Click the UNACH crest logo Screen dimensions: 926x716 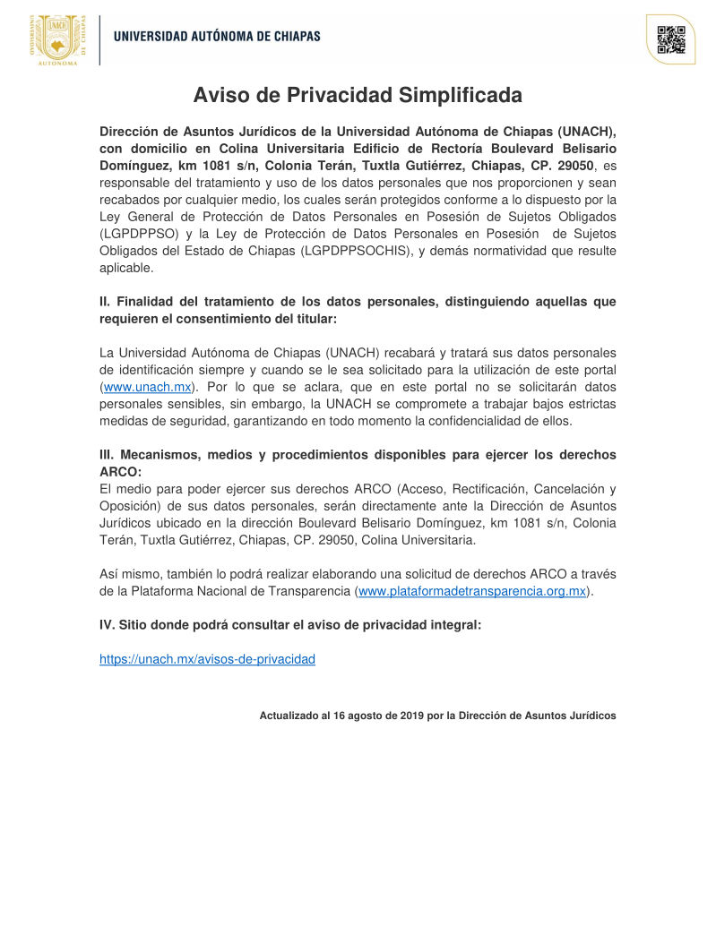point(58,40)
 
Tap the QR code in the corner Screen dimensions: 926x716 point(670,40)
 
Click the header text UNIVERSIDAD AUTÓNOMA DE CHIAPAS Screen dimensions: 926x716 point(216,37)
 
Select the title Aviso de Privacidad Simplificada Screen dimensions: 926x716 point(358,96)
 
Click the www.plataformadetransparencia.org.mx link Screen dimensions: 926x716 point(472,591)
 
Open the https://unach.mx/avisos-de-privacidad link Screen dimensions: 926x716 point(207,659)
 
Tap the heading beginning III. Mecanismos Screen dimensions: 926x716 point(358,455)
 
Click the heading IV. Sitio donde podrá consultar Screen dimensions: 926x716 point(290,625)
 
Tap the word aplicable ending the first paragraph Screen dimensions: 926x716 point(126,268)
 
